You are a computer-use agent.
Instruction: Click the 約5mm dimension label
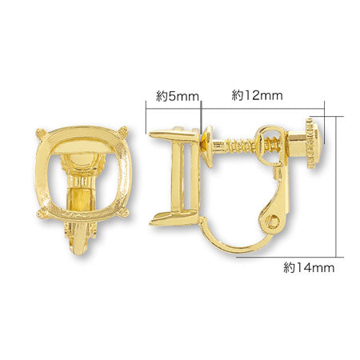click(178, 97)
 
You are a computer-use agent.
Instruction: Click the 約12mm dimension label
click(257, 95)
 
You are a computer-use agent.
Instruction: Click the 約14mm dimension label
click(309, 267)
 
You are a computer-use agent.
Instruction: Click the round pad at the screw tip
click(206, 146)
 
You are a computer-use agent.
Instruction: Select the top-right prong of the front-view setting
click(124, 131)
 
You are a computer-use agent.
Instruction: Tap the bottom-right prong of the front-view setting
click(125, 213)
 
